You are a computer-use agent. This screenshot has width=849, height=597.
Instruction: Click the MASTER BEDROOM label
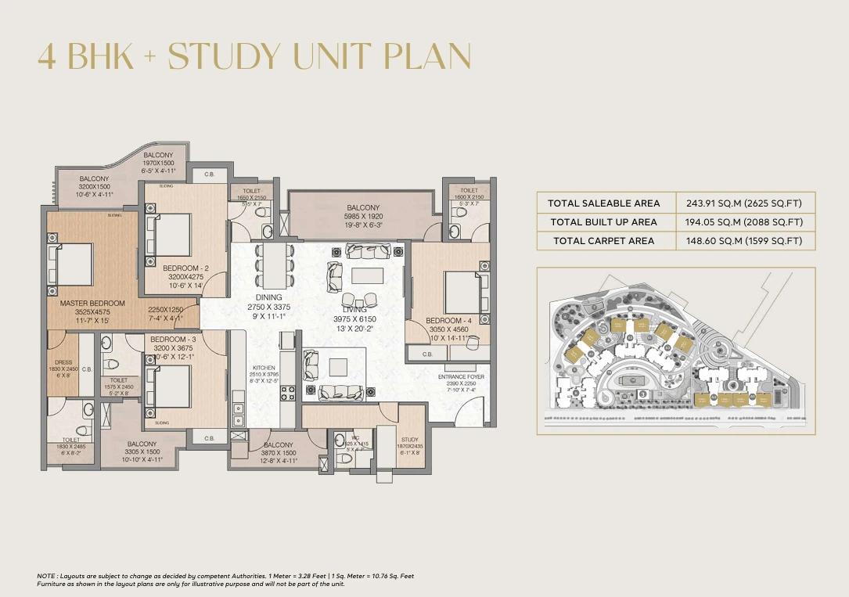92,303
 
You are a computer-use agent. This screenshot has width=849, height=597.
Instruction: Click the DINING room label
268,297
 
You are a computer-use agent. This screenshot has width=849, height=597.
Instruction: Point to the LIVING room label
354,310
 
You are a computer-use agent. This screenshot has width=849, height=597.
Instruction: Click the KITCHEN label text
264,367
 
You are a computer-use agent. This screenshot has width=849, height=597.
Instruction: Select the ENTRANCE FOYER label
461,376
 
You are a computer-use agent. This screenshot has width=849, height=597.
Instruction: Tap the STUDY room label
409,440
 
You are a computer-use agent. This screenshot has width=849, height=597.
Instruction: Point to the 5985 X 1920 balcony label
363,215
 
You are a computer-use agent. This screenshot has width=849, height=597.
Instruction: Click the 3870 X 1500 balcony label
279,452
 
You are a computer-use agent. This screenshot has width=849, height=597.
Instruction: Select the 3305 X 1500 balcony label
142,451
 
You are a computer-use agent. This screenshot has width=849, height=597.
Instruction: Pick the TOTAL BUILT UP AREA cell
603,222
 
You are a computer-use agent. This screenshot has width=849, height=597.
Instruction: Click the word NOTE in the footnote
46,576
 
